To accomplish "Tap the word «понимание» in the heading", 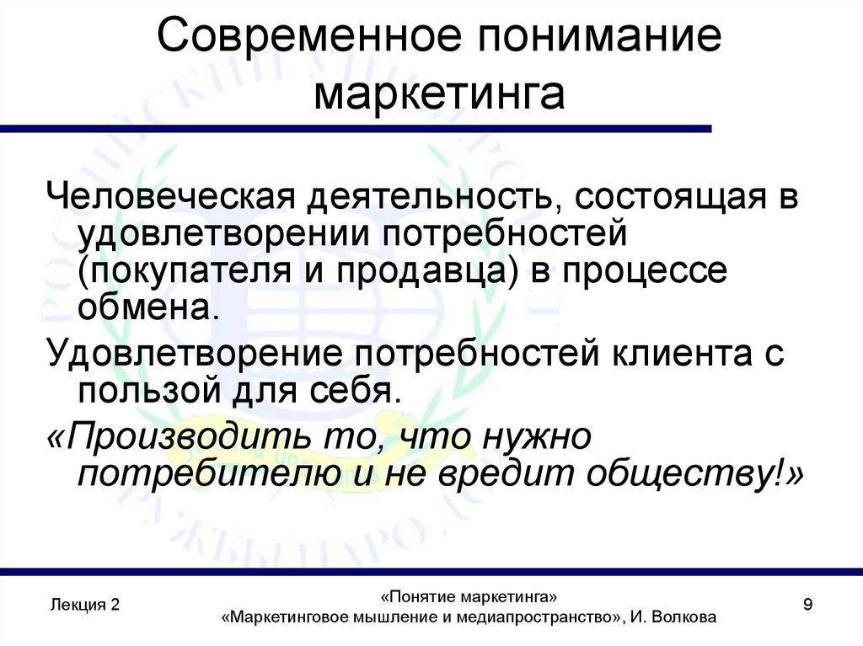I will click(x=591, y=40).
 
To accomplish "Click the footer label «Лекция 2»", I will click(x=84, y=605).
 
